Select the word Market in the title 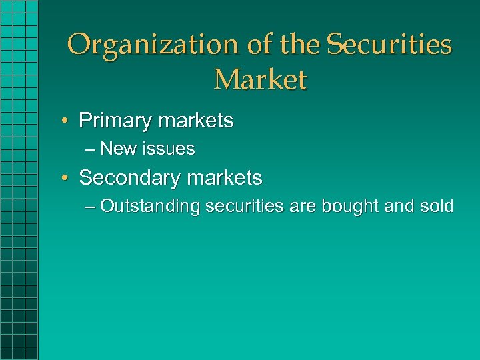click(260, 79)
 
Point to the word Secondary click(127, 178)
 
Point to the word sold click(437, 207)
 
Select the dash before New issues click(91, 149)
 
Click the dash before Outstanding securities click(91, 207)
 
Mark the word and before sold click(399, 207)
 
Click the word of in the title click(259, 45)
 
